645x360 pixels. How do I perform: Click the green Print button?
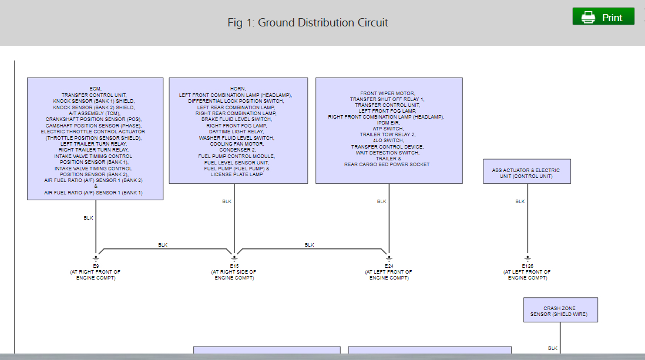tap(603, 17)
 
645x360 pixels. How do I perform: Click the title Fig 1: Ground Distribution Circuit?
tap(308, 23)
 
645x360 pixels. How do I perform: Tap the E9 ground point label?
tap(96, 266)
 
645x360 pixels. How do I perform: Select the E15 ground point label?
tap(234, 266)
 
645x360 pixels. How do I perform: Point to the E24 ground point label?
tap(389, 266)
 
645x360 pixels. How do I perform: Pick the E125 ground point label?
tap(527, 266)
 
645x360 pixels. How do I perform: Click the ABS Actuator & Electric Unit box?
tap(526, 171)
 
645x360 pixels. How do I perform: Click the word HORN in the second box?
tap(238, 89)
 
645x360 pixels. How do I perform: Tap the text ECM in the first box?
tap(95, 89)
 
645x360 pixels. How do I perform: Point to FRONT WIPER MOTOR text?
tap(388, 93)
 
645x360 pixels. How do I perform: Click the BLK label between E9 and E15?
tap(163, 245)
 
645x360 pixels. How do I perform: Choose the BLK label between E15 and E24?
tap(310, 245)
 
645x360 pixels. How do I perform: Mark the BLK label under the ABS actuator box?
tap(520, 201)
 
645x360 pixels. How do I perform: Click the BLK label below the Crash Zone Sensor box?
tap(553, 348)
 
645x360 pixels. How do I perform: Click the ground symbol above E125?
tap(527, 257)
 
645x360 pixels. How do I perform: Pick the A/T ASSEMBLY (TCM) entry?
tap(95, 113)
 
